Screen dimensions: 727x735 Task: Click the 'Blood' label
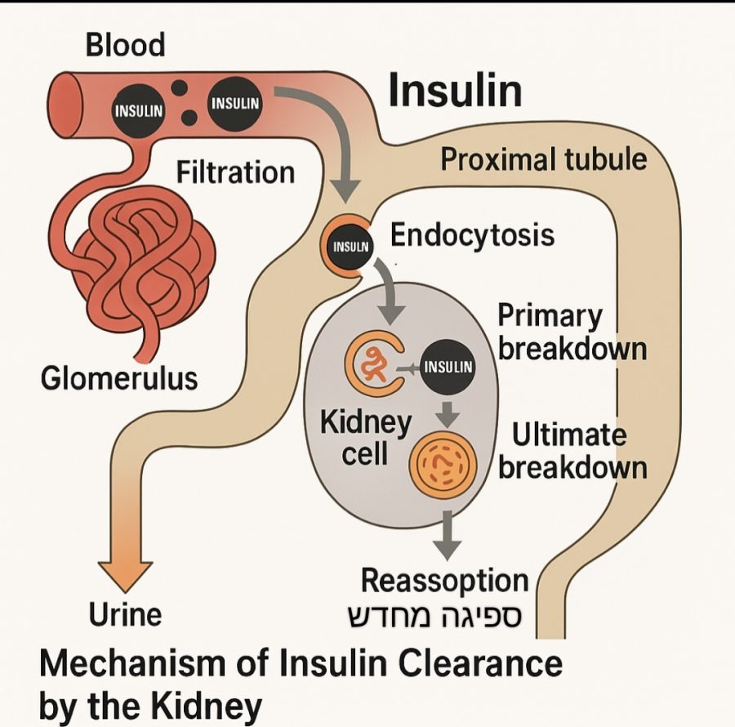click(125, 44)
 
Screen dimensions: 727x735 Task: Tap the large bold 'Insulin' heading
click(454, 91)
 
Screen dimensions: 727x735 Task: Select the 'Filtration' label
click(235, 172)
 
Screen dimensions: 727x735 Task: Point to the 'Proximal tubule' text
click(543, 158)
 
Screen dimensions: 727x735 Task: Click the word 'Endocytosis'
click(472, 235)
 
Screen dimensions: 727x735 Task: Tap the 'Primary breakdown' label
click(572, 332)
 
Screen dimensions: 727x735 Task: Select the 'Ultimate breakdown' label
click(572, 451)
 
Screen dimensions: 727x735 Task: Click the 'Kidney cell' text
click(365, 438)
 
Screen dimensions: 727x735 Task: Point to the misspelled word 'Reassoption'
click(445, 581)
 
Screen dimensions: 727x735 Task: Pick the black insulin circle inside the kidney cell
click(448, 366)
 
